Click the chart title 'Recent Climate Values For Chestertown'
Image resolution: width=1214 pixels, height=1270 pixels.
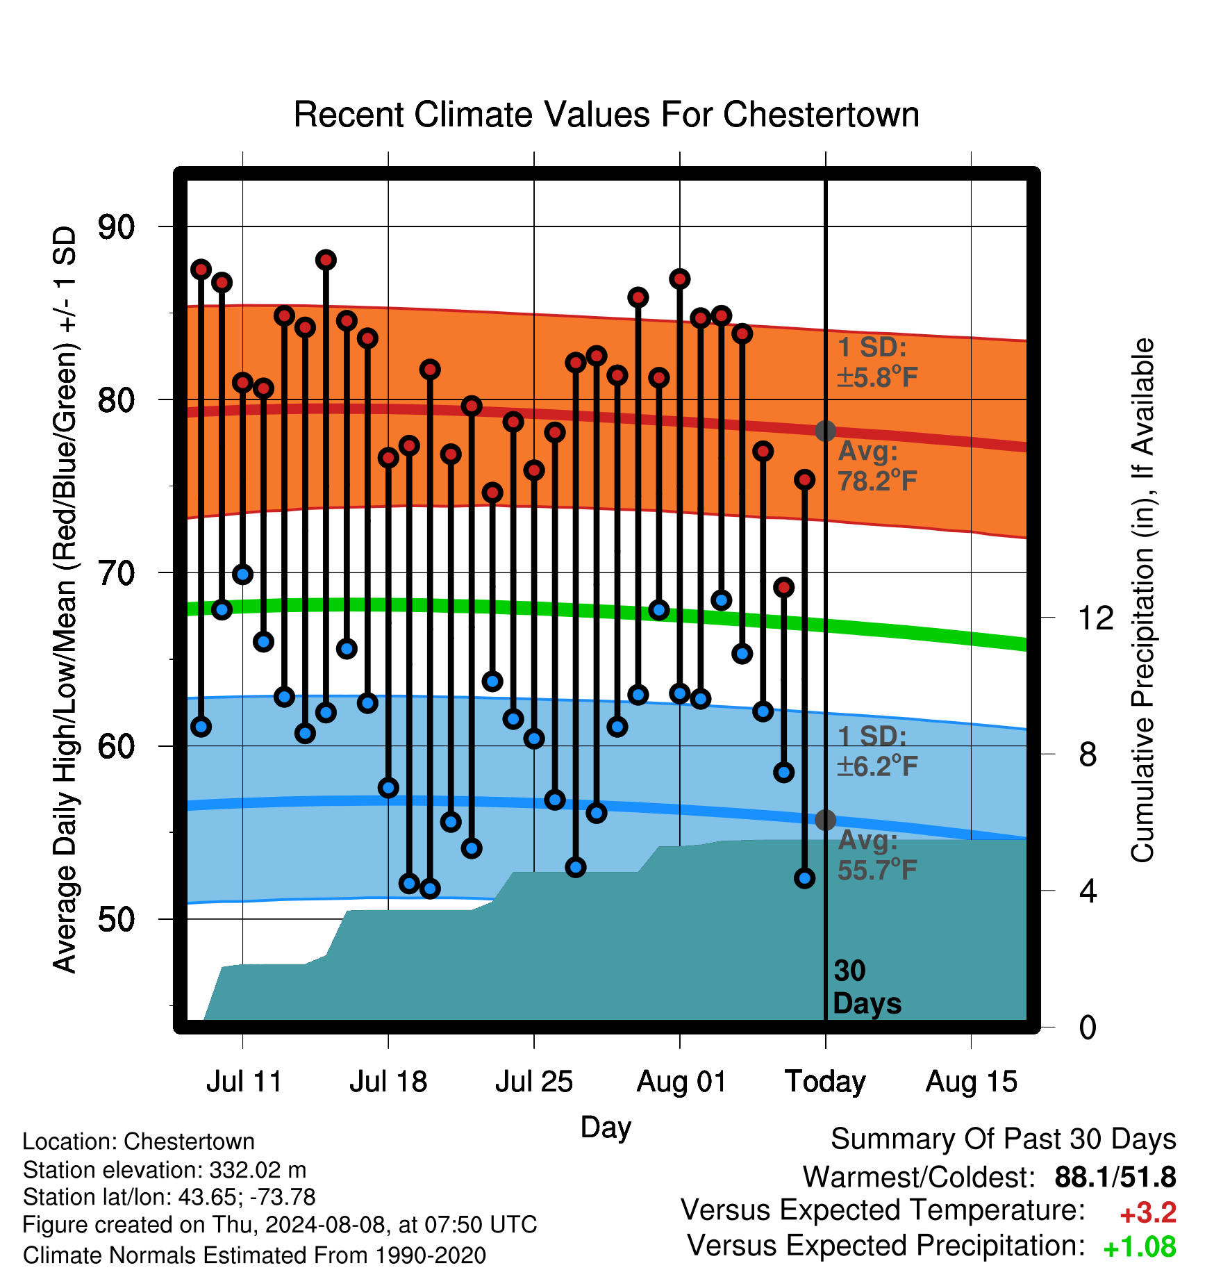point(606,115)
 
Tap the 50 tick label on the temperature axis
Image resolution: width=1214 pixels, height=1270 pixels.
point(117,919)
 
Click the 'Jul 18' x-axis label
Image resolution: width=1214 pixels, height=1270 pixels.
point(388,1082)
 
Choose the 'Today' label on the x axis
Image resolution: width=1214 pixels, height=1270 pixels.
point(825,1082)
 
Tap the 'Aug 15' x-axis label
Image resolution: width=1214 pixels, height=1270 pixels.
point(972,1082)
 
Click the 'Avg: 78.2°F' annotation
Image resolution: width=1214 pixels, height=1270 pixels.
point(878,465)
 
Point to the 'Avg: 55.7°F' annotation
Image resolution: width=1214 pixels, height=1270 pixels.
point(878,855)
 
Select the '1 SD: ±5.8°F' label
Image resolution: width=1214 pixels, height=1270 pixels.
point(877,362)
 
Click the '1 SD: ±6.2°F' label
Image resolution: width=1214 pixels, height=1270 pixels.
point(877,751)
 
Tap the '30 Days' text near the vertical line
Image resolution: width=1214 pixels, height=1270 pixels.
point(867,987)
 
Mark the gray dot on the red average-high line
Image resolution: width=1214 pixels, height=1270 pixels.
point(825,431)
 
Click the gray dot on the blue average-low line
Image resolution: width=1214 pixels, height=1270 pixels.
point(825,820)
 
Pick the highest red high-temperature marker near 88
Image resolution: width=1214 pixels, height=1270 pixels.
point(326,260)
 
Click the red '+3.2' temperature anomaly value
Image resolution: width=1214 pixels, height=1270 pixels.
point(1148,1213)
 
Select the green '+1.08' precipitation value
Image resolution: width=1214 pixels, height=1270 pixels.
point(1140,1248)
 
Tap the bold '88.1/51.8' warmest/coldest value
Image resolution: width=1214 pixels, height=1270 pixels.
point(1115,1177)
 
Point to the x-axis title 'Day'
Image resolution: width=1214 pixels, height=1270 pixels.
point(606,1127)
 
